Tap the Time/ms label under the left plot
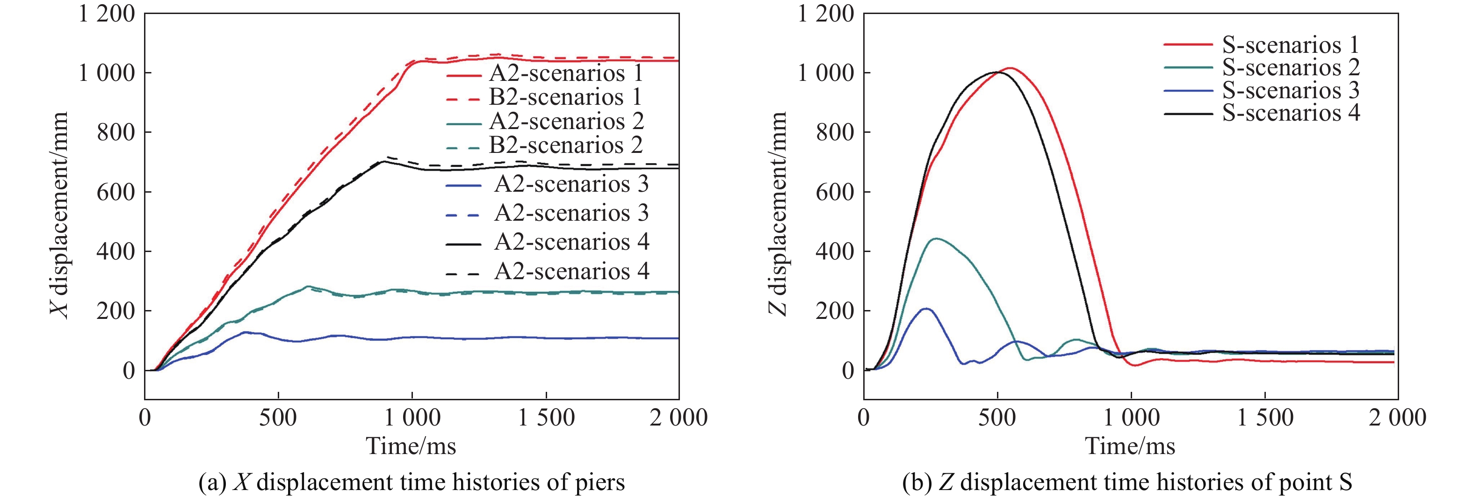[x=411, y=446]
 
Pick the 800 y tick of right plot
[x=835, y=132]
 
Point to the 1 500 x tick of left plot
[x=546, y=418]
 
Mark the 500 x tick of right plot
[x=996, y=418]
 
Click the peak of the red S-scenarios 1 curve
[x=1011, y=68]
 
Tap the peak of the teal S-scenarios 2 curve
[x=936, y=238]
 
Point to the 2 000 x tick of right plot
[x=1397, y=418]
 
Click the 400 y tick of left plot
[x=116, y=252]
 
